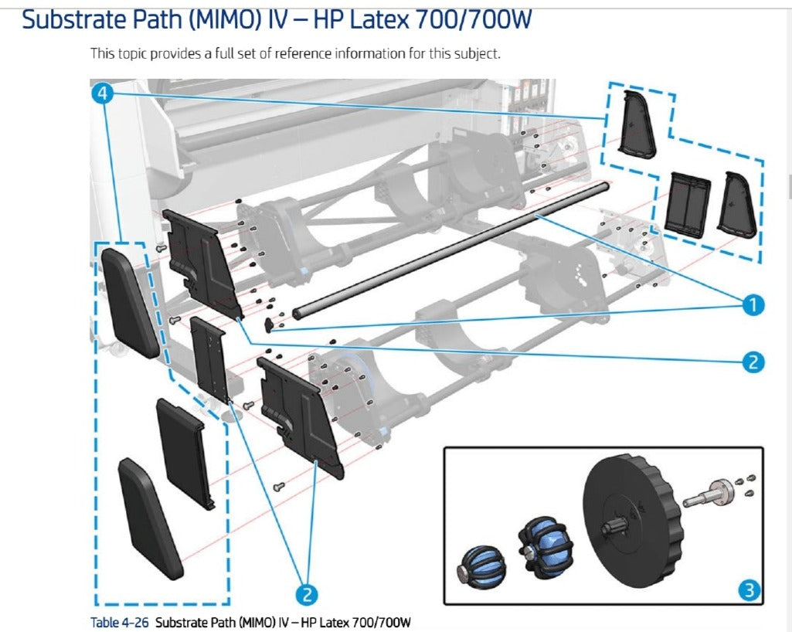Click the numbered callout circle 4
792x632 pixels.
pos(103,93)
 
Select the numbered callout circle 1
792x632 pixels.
pos(753,306)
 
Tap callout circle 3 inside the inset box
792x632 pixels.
pos(747,591)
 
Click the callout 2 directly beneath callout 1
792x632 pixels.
pos(753,361)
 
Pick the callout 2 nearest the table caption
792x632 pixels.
pos(307,593)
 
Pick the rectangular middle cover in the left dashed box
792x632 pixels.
pos(185,452)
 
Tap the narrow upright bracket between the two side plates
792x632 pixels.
pos(210,358)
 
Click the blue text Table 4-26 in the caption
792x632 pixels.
pos(121,622)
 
